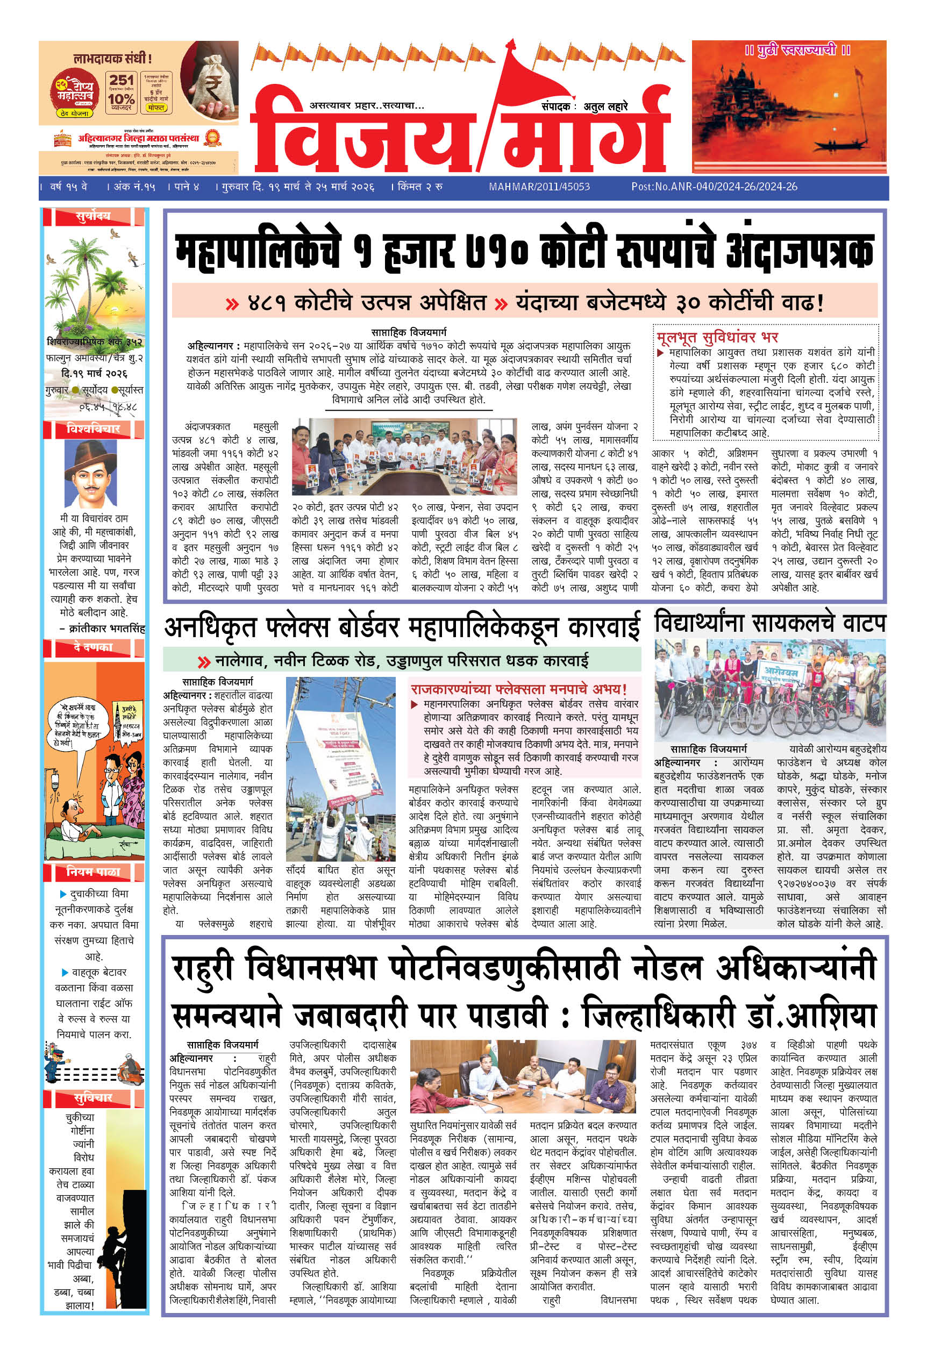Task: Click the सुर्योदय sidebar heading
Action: [93, 217]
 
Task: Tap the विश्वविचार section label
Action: [94, 429]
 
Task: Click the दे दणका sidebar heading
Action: [93, 647]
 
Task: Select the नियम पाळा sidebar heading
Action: [93, 871]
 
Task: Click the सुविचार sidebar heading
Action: [93, 1098]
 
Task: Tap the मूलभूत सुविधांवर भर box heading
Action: [717, 337]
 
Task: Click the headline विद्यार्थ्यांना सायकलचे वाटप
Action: [769, 623]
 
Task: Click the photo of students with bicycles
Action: [769, 689]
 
